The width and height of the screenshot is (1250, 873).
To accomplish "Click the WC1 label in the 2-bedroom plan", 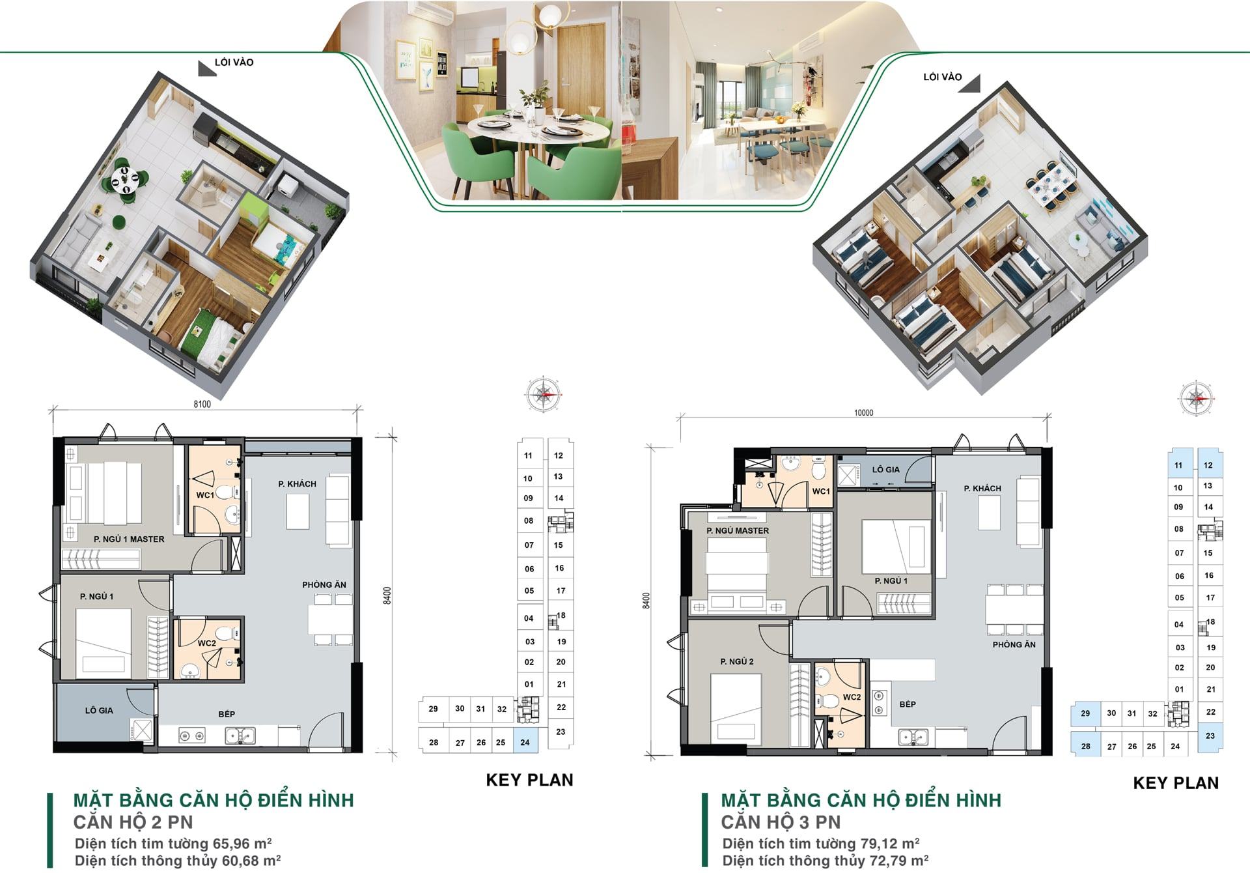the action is (205, 495).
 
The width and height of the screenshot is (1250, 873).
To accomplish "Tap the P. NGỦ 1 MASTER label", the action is (129, 539).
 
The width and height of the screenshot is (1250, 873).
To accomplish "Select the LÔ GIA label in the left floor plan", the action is (99, 711).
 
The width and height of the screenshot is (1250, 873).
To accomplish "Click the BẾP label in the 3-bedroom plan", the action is (908, 704).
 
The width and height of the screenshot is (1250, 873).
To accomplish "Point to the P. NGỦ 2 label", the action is (737, 662).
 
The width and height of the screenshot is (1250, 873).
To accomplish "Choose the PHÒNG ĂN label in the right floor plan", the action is (1014, 645).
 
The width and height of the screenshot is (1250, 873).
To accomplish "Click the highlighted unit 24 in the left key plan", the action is (525, 742).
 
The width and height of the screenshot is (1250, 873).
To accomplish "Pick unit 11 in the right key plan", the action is (1178, 465).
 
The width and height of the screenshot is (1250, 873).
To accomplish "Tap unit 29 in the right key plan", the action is (1085, 713).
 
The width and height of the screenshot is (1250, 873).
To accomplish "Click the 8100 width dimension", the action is (202, 404).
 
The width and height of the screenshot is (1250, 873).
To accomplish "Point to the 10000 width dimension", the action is (863, 413).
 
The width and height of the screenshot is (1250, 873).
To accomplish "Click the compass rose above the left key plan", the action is (544, 394).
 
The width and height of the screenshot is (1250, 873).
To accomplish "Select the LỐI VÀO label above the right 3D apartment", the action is (942, 77).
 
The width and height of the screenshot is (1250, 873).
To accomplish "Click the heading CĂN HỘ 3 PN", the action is (781, 822).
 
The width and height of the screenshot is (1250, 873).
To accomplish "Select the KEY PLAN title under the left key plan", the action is (529, 780).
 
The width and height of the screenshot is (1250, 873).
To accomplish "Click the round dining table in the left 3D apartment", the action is (124, 178).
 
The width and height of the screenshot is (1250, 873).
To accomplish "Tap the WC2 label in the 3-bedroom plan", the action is (852, 697).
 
